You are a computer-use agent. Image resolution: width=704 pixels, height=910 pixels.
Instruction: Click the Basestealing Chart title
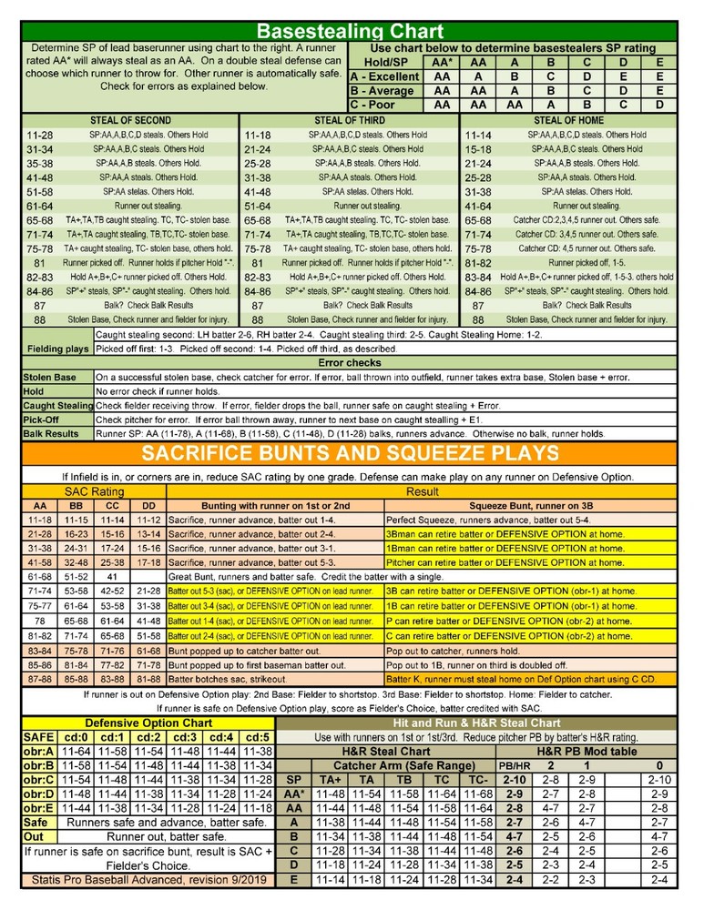(352, 33)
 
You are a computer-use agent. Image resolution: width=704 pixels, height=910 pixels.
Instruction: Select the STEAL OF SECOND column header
(130, 120)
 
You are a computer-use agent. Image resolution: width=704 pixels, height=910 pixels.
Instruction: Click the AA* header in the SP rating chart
(441, 62)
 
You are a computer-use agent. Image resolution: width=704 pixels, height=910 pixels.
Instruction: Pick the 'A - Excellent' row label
(384, 76)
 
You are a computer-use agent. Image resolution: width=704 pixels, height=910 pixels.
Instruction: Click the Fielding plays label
(58, 348)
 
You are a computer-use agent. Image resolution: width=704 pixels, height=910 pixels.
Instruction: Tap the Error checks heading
(351, 362)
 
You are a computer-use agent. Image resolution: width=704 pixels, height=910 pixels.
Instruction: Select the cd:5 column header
(258, 737)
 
